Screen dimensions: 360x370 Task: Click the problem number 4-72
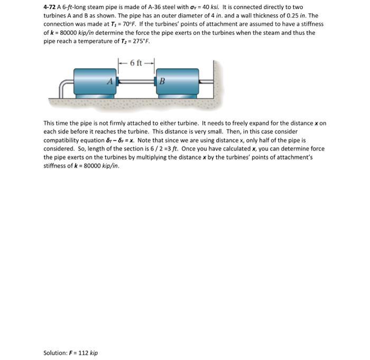50,8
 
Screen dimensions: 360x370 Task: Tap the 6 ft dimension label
136,63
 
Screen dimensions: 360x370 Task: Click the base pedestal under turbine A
95,96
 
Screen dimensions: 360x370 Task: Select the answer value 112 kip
87,353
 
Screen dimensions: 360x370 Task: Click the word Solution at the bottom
54,353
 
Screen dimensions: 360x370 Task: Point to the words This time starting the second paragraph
54,123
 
